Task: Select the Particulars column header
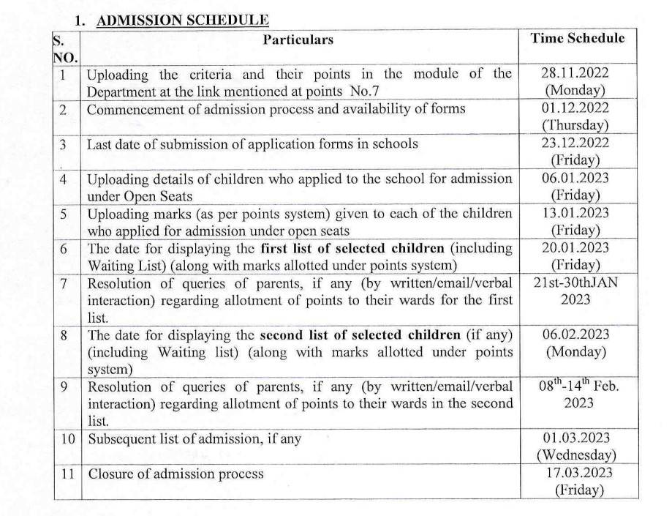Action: coord(298,40)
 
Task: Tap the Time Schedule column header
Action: coord(577,38)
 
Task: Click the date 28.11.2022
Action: coord(575,73)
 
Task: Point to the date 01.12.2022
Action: coord(575,108)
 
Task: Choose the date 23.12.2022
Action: coord(575,143)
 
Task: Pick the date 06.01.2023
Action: coord(575,178)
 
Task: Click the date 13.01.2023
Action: coord(575,213)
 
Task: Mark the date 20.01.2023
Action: coord(575,248)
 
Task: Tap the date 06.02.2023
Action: coord(575,334)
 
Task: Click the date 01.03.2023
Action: coord(575,438)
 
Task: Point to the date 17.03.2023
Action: coord(575,473)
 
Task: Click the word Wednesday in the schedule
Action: coord(575,455)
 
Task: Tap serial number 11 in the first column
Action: coord(67,474)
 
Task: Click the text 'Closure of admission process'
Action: coord(175,474)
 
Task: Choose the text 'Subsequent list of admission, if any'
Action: coord(195,439)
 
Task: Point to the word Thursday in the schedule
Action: coord(575,125)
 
